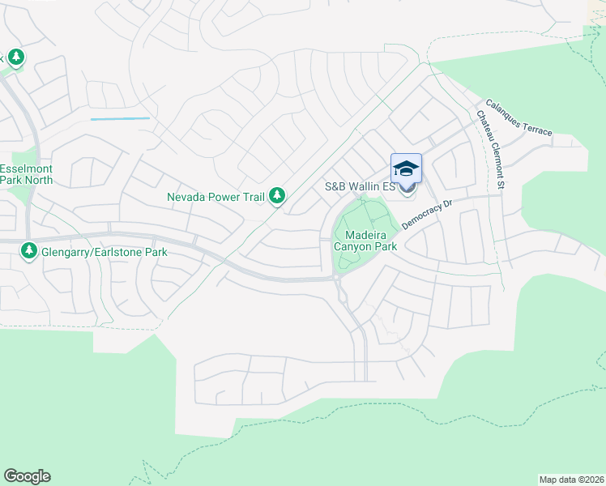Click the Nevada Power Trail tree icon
point(277,195)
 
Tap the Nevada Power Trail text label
point(217,196)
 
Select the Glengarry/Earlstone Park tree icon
point(29,252)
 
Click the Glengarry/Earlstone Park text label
point(105,252)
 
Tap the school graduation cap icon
point(406,168)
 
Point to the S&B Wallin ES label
point(360,186)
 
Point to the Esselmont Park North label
point(26,174)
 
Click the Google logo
point(27,476)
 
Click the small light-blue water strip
point(120,119)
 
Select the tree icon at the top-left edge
point(15,58)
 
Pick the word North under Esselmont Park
point(36,180)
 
